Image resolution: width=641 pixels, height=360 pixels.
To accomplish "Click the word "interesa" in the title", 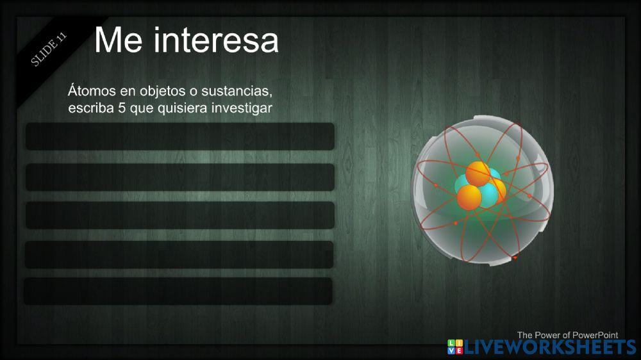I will click(216, 40).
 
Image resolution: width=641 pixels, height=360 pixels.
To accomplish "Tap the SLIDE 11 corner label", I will click(49, 49).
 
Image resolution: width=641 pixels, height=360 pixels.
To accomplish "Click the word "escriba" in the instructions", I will click(91, 108).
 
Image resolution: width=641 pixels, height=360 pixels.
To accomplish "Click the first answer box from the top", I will click(180, 136).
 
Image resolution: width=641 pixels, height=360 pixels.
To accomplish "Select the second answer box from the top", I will click(180, 177).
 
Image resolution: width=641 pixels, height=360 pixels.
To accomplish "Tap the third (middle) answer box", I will click(180, 215).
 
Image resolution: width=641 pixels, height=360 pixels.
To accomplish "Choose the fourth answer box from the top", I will click(179, 254).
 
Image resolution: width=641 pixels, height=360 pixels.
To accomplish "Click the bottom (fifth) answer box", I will click(179, 291).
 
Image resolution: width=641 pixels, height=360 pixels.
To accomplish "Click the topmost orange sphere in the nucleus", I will click(478, 174).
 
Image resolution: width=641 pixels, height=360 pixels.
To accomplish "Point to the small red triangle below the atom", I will click(515, 258).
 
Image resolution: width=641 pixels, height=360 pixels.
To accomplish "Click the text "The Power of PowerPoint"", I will click(567, 334).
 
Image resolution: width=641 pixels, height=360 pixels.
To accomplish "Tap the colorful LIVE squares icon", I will click(454, 348).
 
